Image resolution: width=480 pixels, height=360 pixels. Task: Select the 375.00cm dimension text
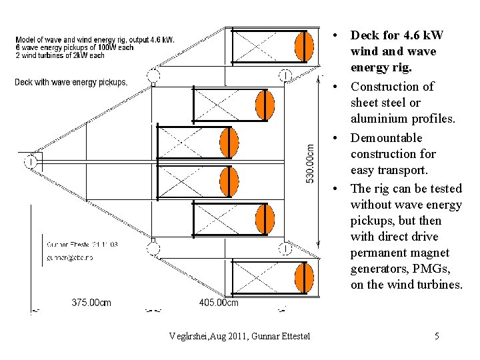pos(91,303)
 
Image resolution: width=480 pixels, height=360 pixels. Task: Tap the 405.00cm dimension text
pos(219,303)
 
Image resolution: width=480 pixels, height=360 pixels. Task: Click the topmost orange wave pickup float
pos(304,46)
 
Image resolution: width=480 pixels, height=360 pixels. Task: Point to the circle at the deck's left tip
pos(31,161)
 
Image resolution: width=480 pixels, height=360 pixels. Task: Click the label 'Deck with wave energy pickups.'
pos(71,83)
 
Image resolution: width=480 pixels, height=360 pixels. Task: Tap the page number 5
pos(437,336)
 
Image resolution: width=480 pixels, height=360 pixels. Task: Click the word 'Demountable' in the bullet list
pos(387,138)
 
